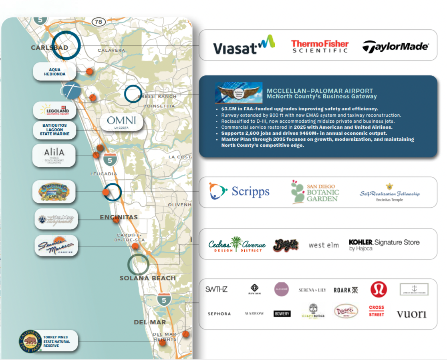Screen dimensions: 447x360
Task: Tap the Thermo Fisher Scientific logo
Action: [x=320, y=46]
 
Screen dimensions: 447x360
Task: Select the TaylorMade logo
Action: [x=395, y=47]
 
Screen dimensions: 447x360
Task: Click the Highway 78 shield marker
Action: [x=99, y=22]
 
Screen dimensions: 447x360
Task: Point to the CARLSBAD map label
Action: [x=49, y=48]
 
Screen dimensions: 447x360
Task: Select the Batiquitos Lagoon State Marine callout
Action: [x=54, y=129]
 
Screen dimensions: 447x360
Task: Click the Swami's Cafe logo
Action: [x=54, y=192]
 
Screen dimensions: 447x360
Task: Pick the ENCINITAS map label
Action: [x=119, y=217]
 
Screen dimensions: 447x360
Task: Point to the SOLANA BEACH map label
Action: [x=147, y=278]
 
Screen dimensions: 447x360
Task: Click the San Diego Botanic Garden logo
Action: [x=315, y=192]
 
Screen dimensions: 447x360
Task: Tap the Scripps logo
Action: [x=239, y=191]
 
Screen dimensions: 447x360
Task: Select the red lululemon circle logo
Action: [x=379, y=289]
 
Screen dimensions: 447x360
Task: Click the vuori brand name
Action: [x=411, y=314]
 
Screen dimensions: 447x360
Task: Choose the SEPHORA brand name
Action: [x=219, y=314]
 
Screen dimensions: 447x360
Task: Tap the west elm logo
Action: [x=324, y=245]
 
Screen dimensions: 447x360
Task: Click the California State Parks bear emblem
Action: [x=30, y=341]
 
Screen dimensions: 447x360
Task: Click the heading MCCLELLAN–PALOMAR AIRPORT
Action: [x=320, y=91]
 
